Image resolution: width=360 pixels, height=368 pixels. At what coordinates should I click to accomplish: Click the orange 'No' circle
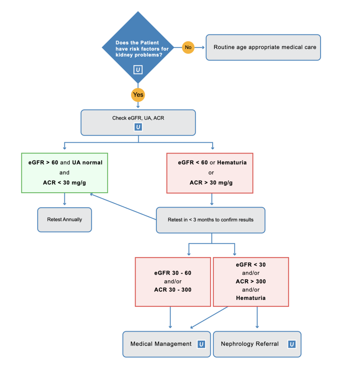click(188, 47)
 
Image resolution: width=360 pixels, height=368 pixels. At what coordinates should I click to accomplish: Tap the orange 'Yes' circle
click(138, 95)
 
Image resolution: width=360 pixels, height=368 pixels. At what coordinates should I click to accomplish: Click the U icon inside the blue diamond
click(138, 70)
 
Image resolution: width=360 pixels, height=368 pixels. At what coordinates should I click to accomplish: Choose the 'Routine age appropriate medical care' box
click(263, 47)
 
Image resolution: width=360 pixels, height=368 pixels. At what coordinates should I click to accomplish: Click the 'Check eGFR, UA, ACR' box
click(138, 118)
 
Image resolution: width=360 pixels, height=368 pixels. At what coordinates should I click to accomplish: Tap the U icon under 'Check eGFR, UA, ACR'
click(138, 127)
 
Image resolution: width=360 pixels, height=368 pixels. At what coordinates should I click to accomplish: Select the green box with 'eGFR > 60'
click(64, 173)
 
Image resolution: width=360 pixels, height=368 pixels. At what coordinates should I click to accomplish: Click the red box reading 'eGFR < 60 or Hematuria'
click(210, 173)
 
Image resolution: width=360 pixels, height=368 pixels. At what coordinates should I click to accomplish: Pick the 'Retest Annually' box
click(64, 220)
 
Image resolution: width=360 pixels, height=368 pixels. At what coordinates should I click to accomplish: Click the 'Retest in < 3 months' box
click(210, 220)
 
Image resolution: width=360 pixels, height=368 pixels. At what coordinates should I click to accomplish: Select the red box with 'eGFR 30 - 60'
click(173, 281)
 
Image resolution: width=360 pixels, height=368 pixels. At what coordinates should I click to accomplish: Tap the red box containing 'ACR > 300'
click(251, 281)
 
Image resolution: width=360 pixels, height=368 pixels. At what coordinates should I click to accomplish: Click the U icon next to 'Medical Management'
click(201, 344)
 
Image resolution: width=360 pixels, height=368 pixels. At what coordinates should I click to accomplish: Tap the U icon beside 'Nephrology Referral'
click(291, 344)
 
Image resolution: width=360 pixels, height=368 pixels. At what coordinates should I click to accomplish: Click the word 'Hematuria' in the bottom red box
click(251, 298)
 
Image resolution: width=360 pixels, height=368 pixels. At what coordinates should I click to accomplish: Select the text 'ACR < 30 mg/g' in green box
click(64, 183)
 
